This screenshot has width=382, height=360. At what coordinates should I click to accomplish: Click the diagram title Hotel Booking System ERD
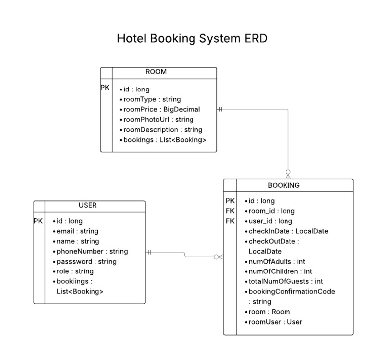191,38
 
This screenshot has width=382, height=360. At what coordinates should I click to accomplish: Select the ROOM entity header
156,72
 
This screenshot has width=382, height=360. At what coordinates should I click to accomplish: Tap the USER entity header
88,205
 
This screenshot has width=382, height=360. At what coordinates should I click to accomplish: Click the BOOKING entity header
284,185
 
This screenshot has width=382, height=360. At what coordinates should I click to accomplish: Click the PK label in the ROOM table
105,88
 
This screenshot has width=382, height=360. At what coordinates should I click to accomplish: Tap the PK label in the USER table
38,221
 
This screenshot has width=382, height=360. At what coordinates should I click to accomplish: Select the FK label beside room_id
230,211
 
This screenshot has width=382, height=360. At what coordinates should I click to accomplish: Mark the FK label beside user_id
230,221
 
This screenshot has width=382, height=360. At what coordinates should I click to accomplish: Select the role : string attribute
75,271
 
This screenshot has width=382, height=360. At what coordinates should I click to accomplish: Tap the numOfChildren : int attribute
280,271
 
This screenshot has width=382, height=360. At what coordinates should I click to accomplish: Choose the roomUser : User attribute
275,322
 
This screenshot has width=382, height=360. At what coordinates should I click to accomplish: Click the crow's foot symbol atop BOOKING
288,174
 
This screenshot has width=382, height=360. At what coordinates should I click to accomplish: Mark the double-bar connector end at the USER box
149,252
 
